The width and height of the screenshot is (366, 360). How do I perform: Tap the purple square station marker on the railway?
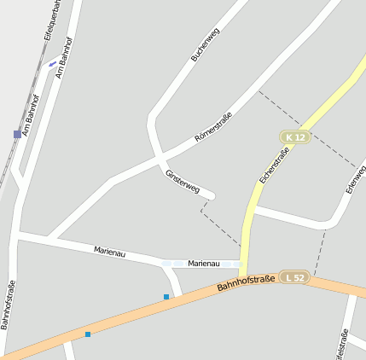(x=17, y=134)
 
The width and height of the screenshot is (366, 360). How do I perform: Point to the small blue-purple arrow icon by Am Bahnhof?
(x=53, y=62)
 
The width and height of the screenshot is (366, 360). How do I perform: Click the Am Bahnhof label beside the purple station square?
(x=31, y=114)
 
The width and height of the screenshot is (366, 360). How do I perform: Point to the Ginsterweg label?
(x=182, y=181)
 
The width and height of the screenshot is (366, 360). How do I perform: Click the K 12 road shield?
(x=295, y=137)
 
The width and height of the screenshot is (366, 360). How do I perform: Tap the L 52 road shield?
(x=295, y=277)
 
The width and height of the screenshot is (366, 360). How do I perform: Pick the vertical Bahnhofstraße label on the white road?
(x=8, y=305)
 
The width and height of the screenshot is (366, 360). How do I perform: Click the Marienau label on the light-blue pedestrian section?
(x=204, y=264)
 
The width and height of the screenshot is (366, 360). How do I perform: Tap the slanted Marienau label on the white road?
(x=115, y=252)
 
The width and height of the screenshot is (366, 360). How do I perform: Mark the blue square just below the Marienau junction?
(x=166, y=297)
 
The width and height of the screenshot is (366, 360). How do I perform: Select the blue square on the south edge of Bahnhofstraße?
(x=88, y=334)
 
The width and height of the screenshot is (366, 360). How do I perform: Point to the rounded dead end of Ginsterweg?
(x=211, y=197)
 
